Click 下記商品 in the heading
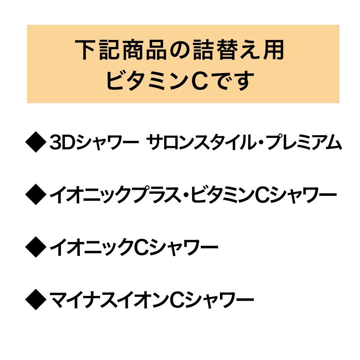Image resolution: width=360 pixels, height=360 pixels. click(121, 50)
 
